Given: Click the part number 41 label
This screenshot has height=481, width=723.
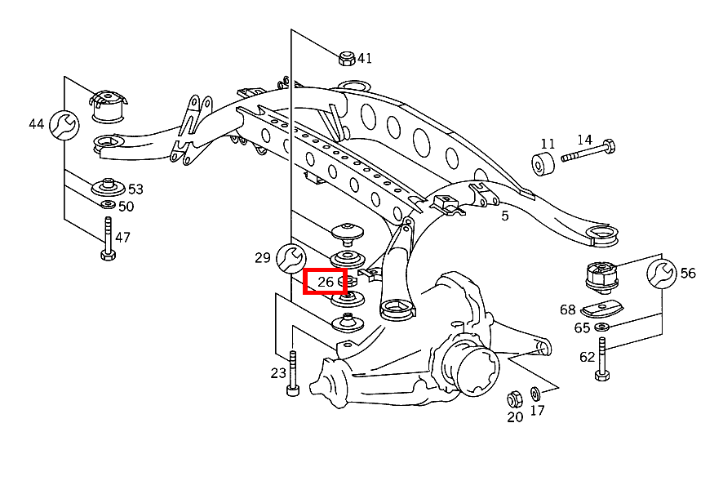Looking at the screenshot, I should coord(364,58).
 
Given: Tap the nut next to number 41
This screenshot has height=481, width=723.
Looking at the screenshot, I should coord(346,58).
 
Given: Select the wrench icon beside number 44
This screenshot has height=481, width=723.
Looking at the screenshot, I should coord(64,124).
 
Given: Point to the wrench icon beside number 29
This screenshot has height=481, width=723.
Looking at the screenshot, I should coord(290,258).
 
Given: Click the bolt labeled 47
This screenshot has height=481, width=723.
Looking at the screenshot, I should coord(107,240).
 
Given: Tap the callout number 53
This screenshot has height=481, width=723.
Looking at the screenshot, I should coord(135,189).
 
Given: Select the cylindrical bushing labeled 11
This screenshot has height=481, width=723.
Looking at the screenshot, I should coord(544,163).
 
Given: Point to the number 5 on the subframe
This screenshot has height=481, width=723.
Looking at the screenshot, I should coord(505,216).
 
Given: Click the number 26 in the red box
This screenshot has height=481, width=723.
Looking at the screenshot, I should coord(326,282).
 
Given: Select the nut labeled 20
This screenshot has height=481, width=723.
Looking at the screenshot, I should coord(514,399).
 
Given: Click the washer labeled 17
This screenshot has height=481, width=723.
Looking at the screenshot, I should coord(535,394).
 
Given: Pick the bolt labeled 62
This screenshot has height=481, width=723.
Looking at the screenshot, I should coord(602,359).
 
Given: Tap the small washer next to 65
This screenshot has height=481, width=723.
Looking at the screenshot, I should coord(602,327).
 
